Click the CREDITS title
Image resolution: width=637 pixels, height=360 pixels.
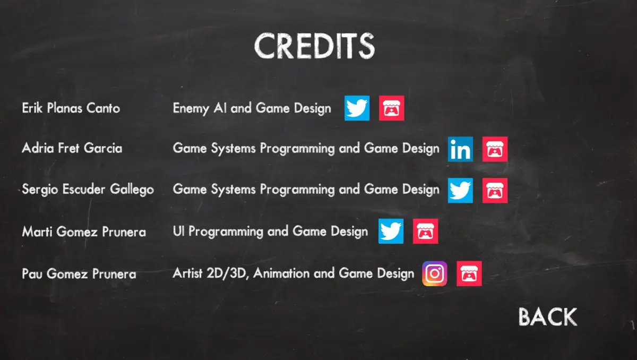[314, 46]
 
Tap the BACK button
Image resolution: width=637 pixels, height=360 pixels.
[548, 317]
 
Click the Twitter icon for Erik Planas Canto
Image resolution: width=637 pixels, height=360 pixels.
[357, 108]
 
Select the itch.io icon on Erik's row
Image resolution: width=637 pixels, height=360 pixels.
[392, 108]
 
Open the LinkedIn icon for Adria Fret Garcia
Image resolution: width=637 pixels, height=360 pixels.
[460, 149]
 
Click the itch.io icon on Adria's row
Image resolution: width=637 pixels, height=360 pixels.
[495, 149]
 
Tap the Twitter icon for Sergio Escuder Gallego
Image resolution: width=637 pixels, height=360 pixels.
[460, 191]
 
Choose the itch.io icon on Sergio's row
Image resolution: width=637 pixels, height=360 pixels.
[495, 191]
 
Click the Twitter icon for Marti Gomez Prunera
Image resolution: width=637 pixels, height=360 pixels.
[391, 231]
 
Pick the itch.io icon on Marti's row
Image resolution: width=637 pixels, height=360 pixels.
[425, 231]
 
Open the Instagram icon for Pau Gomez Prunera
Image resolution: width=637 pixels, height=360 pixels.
[435, 273]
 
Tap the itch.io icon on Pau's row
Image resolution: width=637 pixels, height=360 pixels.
[469, 273]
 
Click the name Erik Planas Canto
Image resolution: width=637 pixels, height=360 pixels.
[71, 108]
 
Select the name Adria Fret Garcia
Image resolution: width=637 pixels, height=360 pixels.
[72, 148]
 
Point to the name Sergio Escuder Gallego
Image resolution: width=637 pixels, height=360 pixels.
[88, 190]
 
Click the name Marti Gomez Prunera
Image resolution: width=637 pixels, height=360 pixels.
[84, 232]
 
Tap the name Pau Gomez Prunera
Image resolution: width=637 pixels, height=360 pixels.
[79, 273]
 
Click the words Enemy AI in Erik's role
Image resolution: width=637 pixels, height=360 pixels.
[200, 109]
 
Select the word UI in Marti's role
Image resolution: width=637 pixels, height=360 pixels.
[178, 231]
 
